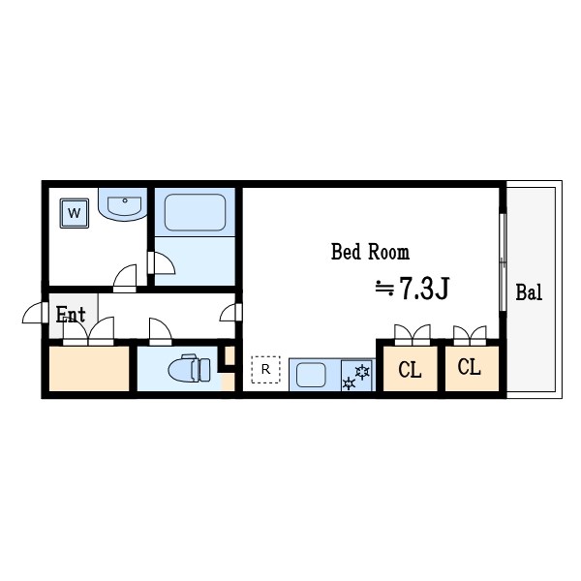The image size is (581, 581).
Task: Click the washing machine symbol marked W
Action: point(75,213)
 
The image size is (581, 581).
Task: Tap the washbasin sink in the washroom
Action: point(123,204)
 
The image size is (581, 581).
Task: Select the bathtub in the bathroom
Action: point(195,212)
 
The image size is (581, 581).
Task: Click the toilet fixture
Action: point(190,369)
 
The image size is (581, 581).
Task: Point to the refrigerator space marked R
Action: point(265,370)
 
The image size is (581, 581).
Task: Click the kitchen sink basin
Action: point(311,375)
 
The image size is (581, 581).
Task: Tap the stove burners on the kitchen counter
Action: point(356,377)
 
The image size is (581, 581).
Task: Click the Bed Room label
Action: point(370,252)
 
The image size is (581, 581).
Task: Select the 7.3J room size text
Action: point(413,288)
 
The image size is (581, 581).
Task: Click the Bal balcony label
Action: point(529,292)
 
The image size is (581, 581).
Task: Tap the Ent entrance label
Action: point(71,315)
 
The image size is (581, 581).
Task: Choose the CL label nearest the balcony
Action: point(469,367)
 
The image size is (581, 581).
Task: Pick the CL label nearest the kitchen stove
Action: point(410,369)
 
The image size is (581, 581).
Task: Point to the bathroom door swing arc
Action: point(162,263)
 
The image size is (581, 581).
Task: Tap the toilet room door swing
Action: point(161,331)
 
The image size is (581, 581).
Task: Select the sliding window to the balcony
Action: point(503,262)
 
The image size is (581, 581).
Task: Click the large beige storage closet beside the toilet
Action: point(89,368)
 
